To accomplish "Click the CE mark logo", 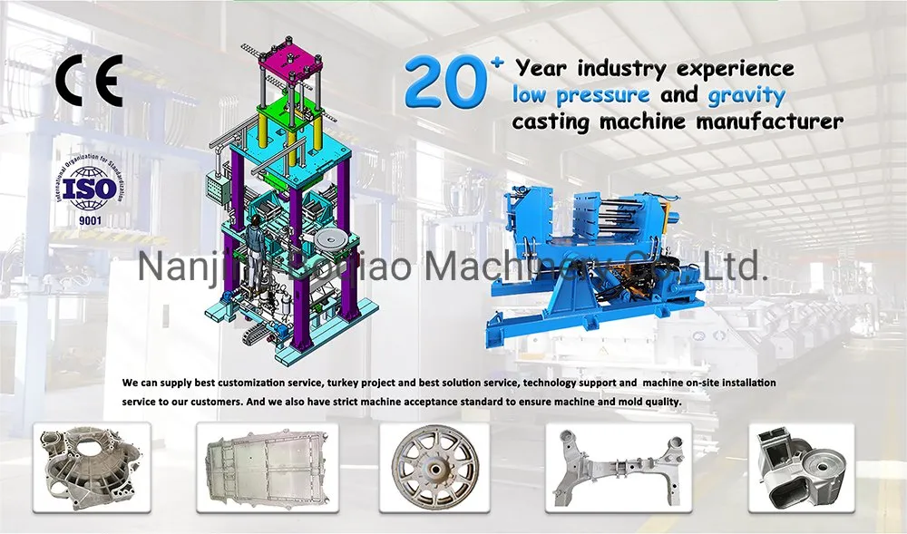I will pos(88,82).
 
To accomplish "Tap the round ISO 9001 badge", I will pos(89,189).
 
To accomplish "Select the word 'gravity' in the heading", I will pos(746,94).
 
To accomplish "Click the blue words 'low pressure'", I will pos(580,94).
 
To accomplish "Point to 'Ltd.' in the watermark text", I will pos(737,266).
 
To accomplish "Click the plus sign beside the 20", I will pos(495,62).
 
